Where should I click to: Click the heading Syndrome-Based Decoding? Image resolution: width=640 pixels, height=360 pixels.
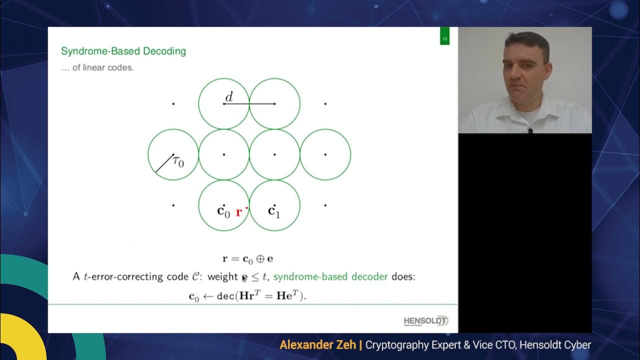(123, 51)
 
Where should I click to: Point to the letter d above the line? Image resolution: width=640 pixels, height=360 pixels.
(229, 96)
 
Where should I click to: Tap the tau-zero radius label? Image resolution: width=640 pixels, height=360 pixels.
(178, 161)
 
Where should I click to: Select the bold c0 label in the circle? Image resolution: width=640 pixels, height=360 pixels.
(223, 211)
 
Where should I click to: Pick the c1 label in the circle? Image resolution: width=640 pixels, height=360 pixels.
(274, 211)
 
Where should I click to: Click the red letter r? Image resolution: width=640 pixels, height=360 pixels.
(239, 212)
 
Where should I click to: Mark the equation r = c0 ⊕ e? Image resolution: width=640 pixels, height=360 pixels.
(247, 259)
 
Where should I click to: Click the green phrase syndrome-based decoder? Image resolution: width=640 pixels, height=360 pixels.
(330, 276)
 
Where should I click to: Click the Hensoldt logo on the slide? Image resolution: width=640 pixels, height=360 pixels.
(426, 321)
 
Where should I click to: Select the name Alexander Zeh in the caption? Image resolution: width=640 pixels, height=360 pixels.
(317, 345)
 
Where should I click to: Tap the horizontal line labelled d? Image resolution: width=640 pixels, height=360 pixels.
(250, 104)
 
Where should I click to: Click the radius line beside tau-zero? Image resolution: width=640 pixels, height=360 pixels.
(164, 163)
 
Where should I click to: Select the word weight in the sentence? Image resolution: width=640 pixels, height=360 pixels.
(222, 276)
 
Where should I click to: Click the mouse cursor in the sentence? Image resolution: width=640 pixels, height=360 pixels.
(244, 278)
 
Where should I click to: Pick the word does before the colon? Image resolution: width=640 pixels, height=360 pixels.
(403, 276)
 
